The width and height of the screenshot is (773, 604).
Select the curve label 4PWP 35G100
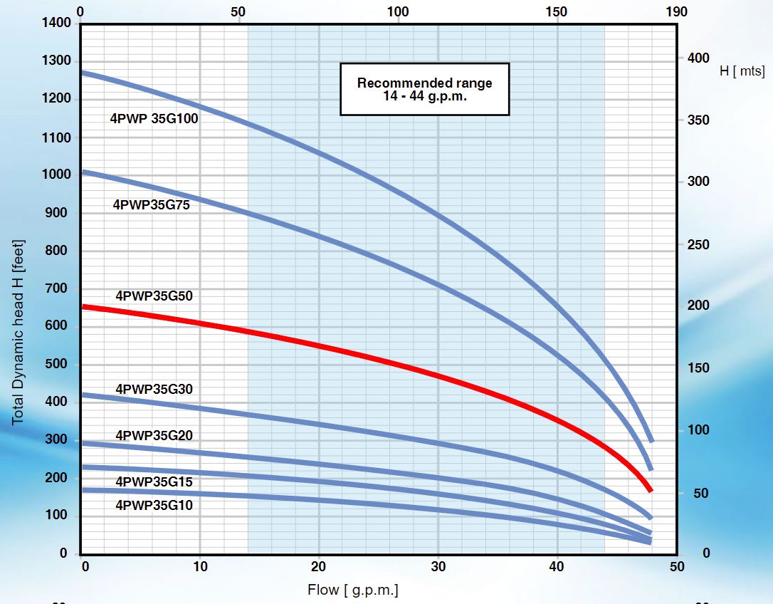tap(154, 119)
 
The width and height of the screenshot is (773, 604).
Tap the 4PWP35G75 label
tap(155, 205)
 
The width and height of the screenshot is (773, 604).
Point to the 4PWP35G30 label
tap(154, 389)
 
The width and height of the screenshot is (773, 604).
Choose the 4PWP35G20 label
tap(154, 435)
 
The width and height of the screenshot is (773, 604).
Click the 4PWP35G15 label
tap(154, 482)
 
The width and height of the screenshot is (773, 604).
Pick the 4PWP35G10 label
tap(154, 505)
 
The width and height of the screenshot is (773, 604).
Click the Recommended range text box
tap(424, 89)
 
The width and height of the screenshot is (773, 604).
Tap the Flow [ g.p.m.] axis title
tap(352, 590)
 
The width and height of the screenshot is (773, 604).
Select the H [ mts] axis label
tap(742, 71)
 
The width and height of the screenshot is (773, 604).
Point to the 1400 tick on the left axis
tap(57, 23)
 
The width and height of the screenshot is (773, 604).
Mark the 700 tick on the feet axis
tap(61, 288)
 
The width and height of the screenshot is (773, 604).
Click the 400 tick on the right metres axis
tap(699, 58)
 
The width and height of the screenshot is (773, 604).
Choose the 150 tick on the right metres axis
tap(699, 368)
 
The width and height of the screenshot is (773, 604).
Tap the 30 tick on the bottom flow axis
tap(438, 566)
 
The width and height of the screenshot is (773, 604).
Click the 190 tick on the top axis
tap(676, 11)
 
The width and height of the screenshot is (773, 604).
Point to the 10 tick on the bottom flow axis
tap(201, 566)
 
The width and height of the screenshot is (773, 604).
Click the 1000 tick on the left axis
tap(57, 175)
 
